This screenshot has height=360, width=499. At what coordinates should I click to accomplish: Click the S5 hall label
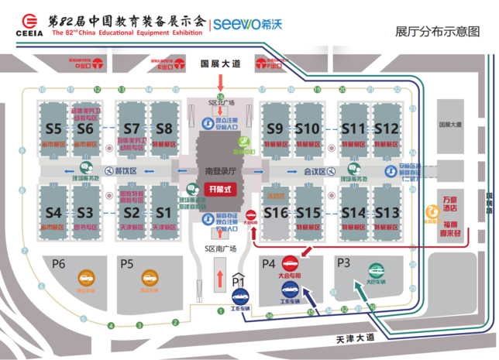(x=53, y=128)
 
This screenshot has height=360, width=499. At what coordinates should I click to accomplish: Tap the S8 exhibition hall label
(x=163, y=128)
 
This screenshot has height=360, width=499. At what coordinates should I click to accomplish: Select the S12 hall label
(x=385, y=128)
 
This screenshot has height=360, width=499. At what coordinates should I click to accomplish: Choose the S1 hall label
(x=163, y=212)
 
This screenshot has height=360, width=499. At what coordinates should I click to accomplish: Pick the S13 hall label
(x=385, y=212)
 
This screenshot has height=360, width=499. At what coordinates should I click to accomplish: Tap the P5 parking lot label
(x=127, y=262)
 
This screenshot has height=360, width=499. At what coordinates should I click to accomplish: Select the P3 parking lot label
(x=344, y=262)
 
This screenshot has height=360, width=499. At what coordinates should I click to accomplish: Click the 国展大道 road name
(x=220, y=63)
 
